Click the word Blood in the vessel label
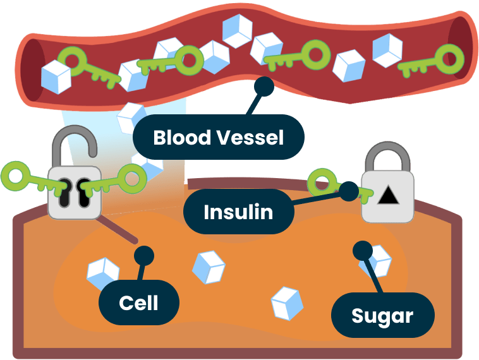[183, 137]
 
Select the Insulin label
[238, 212]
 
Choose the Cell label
[138, 303]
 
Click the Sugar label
[382, 315]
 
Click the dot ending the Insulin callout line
[348, 190]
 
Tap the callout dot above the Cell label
[144, 256]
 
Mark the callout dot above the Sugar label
[363, 250]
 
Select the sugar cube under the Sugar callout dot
[378, 261]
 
